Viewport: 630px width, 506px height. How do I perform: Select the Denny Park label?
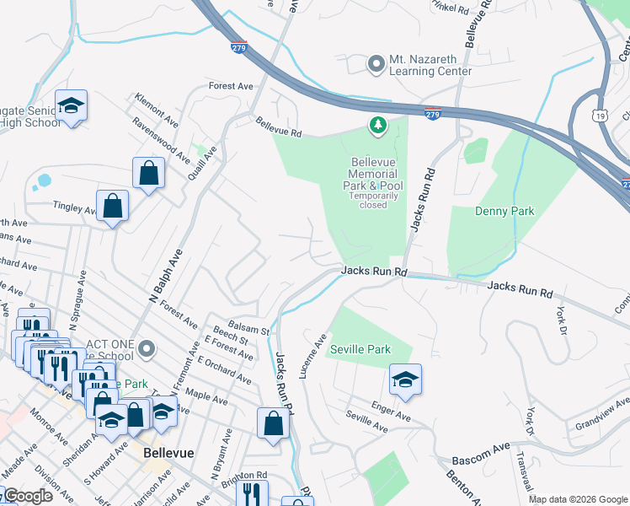point(505,211)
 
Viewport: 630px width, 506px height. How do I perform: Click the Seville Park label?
point(360,349)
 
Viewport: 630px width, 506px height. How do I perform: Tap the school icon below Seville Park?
point(405,380)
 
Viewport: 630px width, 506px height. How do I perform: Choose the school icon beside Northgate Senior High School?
point(71,106)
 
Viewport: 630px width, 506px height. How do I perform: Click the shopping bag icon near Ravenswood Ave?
point(148,174)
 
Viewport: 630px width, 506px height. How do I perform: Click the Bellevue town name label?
point(168,453)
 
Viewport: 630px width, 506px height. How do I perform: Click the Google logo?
point(29,496)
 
